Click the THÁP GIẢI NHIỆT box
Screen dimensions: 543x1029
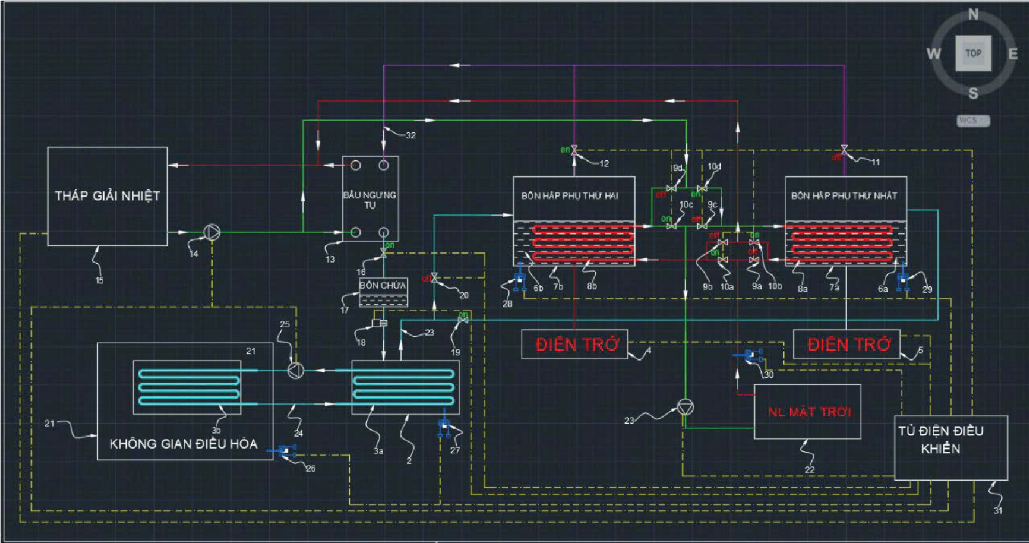click(107, 196)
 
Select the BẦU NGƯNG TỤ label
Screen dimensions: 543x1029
click(370, 199)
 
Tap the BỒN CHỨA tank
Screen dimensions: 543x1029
click(383, 291)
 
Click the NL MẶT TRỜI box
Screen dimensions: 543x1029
click(807, 412)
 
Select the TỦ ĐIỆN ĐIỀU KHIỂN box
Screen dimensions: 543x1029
click(950, 447)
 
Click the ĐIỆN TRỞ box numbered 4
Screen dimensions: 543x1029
click(575, 344)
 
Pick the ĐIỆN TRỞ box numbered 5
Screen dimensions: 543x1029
click(846, 344)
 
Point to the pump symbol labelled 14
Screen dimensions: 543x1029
click(211, 232)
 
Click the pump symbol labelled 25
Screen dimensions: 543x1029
click(295, 370)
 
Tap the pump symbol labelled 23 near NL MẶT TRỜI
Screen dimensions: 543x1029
click(686, 407)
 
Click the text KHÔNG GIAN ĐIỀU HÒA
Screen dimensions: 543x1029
click(183, 444)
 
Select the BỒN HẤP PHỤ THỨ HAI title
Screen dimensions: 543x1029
click(570, 195)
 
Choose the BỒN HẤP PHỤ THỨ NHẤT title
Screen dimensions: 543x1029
click(844, 195)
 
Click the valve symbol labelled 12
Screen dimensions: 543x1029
click(574, 151)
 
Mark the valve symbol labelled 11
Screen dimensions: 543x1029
click(844, 150)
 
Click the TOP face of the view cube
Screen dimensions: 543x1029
click(973, 53)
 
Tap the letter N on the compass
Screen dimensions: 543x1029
click(973, 14)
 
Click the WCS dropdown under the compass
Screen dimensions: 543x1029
click(973, 120)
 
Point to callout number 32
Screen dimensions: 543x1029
click(411, 135)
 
